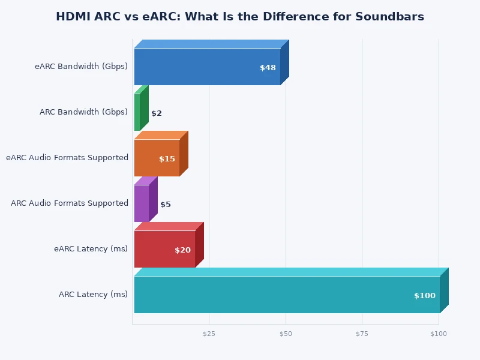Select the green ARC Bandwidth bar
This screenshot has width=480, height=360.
coord(137,112)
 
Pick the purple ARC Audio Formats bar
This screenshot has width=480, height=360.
coord(142,203)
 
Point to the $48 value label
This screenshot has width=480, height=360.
coord(268,68)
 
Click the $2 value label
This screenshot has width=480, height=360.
coord(157,113)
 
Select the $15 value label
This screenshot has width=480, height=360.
coord(167,159)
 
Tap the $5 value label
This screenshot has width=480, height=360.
coord(166,205)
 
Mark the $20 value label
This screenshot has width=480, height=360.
coord(182,250)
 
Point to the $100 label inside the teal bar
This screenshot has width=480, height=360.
coord(425,296)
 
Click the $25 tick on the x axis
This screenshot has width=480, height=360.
coord(209,334)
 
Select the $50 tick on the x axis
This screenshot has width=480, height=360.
coord(286,334)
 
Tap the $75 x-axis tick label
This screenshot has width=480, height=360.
coord(362,334)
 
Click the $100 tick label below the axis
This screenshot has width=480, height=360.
coord(439,334)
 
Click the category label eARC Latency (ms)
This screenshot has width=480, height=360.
coord(91,249)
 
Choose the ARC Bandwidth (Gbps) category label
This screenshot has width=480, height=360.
coord(83,112)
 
